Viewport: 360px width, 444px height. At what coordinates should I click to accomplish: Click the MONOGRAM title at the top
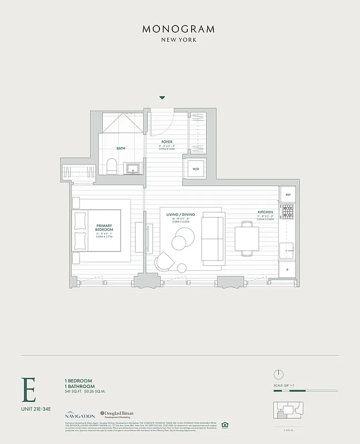(x=178, y=29)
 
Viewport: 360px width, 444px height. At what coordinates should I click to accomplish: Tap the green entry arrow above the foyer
(x=162, y=98)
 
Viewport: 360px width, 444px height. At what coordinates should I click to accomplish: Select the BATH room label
(x=121, y=148)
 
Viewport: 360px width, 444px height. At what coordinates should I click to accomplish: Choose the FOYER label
(x=167, y=142)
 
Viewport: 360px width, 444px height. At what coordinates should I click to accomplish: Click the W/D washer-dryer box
(x=196, y=168)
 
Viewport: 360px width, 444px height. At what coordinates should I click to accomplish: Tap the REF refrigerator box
(x=288, y=195)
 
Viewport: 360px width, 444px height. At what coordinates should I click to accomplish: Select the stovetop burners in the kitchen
(x=287, y=211)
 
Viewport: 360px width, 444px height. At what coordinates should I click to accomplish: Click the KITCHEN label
(x=266, y=213)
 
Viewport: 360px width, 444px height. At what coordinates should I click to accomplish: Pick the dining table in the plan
(x=246, y=239)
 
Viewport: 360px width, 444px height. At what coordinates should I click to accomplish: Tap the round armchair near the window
(x=165, y=260)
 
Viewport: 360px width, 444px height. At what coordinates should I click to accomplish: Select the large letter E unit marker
(x=28, y=391)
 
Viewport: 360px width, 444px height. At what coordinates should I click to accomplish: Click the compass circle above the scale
(x=279, y=374)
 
